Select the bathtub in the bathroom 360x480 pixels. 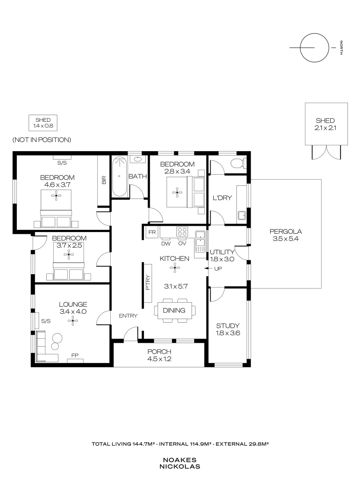119,176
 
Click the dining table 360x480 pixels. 174,310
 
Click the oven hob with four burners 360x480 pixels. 182,232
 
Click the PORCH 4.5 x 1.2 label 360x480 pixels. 159,355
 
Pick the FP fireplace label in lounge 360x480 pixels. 75,356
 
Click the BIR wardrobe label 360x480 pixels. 104,180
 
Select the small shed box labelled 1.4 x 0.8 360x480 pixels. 43,123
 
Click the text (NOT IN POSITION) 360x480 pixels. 42,140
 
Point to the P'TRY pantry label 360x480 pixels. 148,284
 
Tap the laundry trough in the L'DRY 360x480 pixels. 242,216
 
